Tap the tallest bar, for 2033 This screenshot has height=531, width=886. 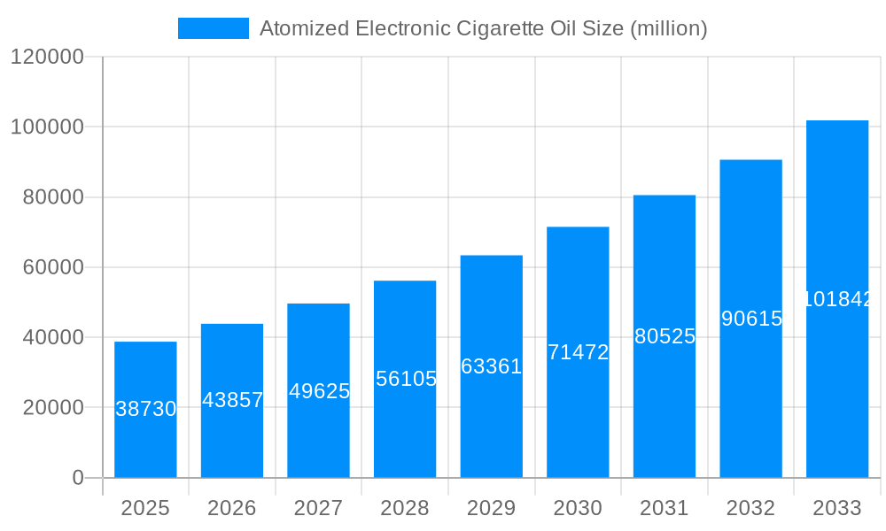click(836, 221)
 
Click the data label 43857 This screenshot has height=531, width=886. click(232, 400)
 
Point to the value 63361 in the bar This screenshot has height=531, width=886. click(492, 366)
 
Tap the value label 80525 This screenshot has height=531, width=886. click(664, 336)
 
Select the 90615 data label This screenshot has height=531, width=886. click(751, 319)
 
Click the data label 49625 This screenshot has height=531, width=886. click(319, 391)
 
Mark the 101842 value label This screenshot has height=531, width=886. click(837, 299)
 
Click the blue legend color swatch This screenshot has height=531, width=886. click(214, 28)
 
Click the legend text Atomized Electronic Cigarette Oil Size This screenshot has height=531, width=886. click(483, 28)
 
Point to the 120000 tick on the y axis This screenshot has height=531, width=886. click(46, 57)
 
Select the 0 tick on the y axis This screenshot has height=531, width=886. click(77, 478)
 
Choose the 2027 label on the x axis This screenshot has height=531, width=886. click(318, 508)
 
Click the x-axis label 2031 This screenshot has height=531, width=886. click(664, 508)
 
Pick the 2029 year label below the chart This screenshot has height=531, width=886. click(491, 508)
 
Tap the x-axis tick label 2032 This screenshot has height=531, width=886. click(750, 508)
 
